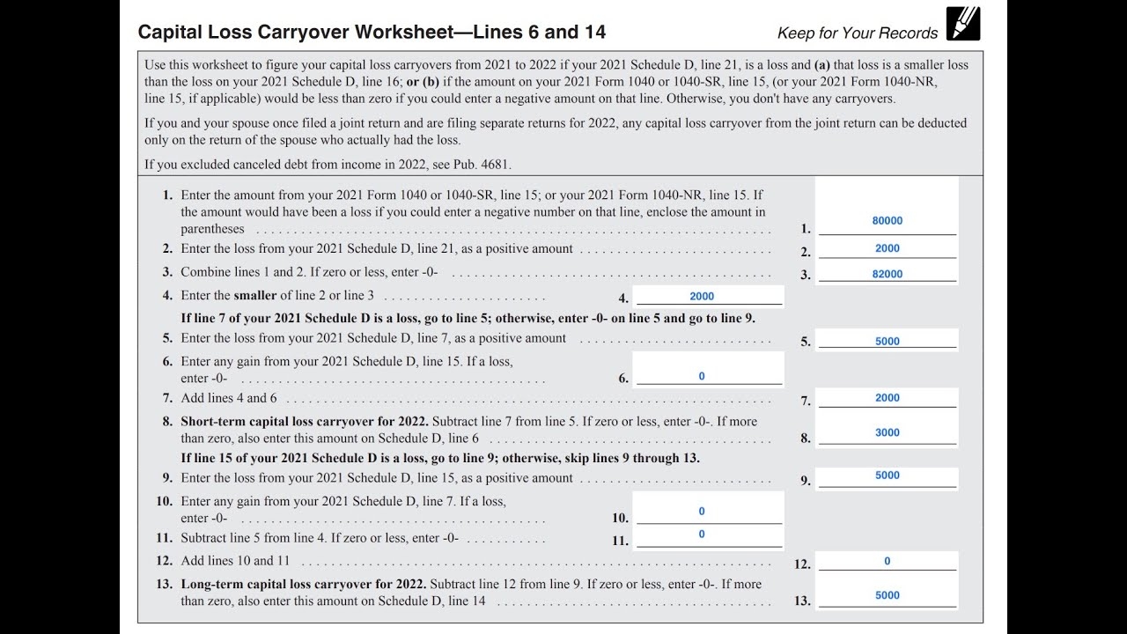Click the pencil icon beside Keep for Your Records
(x=963, y=24)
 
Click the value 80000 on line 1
(x=888, y=221)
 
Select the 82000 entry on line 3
(x=888, y=274)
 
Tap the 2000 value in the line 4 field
(x=702, y=297)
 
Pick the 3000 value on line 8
(x=888, y=432)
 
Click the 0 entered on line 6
(x=702, y=376)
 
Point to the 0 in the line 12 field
(x=888, y=561)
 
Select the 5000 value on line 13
(x=888, y=595)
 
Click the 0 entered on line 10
(x=702, y=511)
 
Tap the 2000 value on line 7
(x=888, y=398)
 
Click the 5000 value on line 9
(x=888, y=475)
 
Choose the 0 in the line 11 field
(x=702, y=534)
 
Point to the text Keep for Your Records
(x=858, y=33)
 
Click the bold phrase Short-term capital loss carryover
(x=291, y=422)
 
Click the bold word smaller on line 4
(x=255, y=296)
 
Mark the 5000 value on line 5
(x=888, y=342)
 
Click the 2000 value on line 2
(x=888, y=248)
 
